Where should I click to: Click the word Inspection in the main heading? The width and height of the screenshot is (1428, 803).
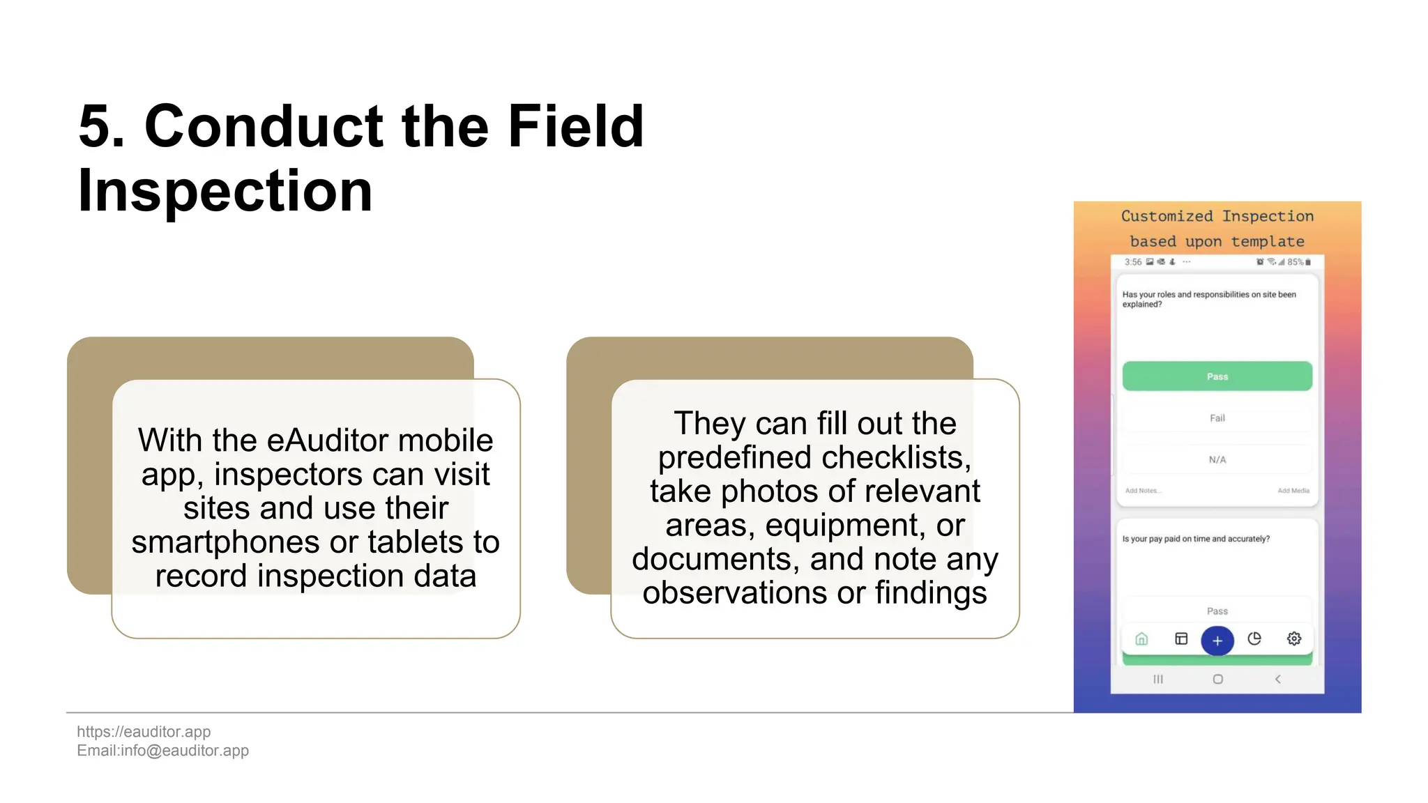pos(225,191)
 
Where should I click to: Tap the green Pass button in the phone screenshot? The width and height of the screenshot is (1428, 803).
pos(1217,376)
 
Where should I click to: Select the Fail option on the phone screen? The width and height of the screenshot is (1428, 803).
pos(1217,418)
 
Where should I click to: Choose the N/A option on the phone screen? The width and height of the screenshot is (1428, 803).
pos(1217,460)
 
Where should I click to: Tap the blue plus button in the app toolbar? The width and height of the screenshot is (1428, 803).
pos(1217,641)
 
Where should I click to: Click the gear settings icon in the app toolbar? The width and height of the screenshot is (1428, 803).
pos(1293,638)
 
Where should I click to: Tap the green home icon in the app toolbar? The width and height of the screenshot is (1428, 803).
pos(1141,638)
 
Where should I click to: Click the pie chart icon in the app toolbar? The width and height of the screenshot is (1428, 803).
pos(1254,638)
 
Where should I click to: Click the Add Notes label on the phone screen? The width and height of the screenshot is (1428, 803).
pos(1143,491)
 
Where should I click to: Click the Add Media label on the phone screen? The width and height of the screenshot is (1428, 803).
pos(1293,491)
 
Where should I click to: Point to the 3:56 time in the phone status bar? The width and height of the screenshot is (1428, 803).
pos(1132,262)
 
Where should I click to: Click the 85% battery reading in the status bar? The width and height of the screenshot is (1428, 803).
pos(1295,262)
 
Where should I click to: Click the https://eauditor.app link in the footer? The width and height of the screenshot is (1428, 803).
pos(144,731)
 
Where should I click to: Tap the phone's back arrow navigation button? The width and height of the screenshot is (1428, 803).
pos(1277,679)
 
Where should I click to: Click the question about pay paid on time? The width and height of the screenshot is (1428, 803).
pos(1195,539)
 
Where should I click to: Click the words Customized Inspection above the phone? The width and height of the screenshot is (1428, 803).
pos(1217,216)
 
